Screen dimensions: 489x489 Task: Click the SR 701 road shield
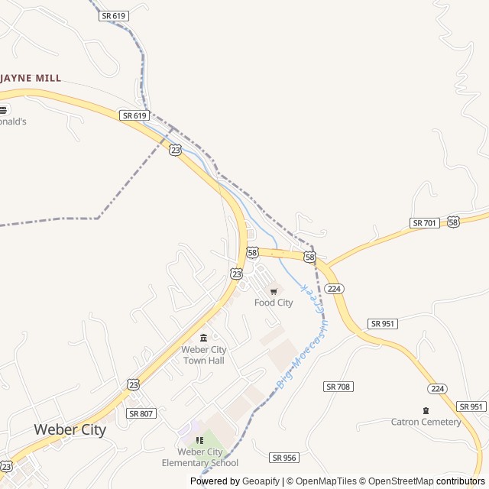tap(424, 222)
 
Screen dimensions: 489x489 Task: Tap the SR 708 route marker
tap(338, 387)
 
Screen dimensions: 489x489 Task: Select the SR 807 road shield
tap(141, 413)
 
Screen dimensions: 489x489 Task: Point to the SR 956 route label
tap(283, 457)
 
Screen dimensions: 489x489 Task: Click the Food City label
tap(274, 303)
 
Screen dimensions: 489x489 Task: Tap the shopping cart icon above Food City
tap(274, 291)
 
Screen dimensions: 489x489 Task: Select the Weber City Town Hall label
tap(203, 355)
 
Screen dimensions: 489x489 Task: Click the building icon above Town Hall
tap(203, 338)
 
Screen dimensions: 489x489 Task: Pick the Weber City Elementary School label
tap(200, 457)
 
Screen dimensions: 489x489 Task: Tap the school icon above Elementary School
tap(200, 440)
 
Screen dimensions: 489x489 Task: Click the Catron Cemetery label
tap(426, 422)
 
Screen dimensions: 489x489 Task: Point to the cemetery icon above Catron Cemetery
tap(426, 410)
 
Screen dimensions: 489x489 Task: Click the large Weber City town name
tap(70, 429)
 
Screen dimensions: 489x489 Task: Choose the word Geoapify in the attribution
tap(261, 481)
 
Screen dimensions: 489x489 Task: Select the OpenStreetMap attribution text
tap(399, 481)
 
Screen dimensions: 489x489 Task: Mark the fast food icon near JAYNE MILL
tap(4, 109)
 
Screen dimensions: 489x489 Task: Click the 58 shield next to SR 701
tap(454, 221)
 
